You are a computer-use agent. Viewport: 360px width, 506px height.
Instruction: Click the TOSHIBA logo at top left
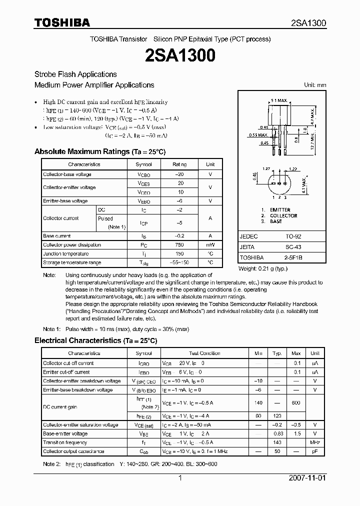click(x=62, y=22)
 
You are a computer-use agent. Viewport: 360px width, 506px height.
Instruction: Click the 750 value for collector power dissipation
click(x=179, y=245)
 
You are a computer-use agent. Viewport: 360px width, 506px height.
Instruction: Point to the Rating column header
click(x=179, y=164)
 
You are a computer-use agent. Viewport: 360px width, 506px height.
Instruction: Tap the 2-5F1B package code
click(x=293, y=257)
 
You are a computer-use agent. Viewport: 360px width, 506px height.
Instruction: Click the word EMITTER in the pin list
click(x=280, y=210)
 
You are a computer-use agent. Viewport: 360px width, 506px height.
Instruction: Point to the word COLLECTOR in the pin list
click(x=283, y=215)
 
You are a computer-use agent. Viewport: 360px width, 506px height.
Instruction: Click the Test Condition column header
click(x=204, y=353)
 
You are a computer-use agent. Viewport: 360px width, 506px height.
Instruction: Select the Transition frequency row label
click(x=65, y=442)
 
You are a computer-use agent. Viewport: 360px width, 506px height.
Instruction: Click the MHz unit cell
click(x=314, y=442)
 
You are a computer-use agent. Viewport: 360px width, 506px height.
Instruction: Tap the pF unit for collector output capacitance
click(x=314, y=451)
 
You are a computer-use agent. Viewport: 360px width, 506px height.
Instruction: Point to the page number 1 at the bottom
click(x=179, y=478)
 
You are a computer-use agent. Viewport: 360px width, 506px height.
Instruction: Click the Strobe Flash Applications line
click(x=75, y=74)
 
